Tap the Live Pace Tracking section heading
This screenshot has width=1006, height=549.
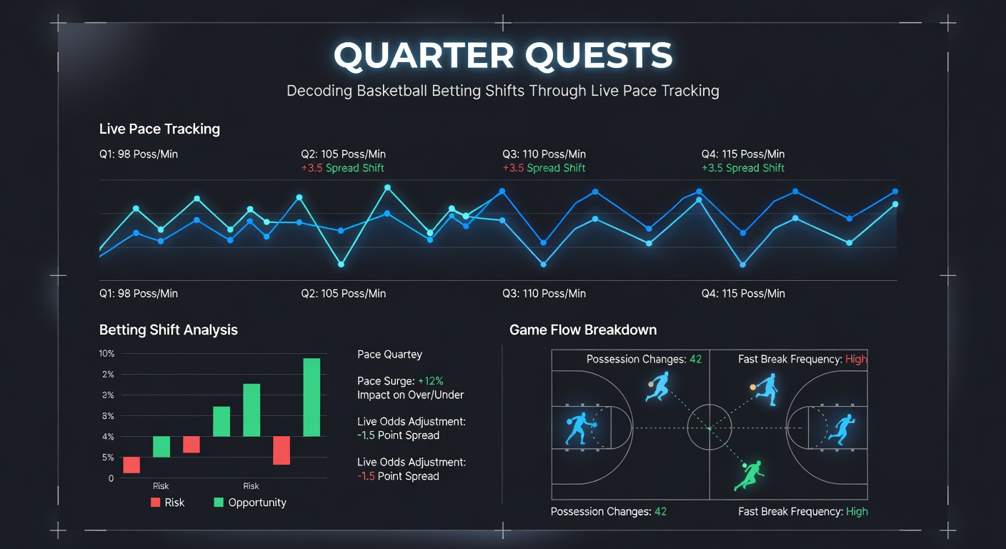click(159, 129)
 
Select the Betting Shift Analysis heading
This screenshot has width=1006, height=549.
click(169, 330)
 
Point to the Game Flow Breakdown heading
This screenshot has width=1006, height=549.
click(583, 330)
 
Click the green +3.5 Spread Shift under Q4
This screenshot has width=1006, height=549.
click(743, 168)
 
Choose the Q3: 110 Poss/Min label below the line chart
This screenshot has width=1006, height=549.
click(544, 294)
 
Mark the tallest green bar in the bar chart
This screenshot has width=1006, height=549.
click(312, 397)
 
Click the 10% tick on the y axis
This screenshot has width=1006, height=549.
click(106, 354)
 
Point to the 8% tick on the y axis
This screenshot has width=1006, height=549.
click(107, 416)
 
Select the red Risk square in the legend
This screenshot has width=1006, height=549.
click(156, 503)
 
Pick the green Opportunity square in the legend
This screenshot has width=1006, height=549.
click(219, 503)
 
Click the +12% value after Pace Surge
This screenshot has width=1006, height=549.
click(430, 381)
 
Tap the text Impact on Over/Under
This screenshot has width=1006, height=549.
click(410, 395)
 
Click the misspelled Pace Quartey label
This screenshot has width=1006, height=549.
click(389, 355)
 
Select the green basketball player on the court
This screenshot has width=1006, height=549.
click(749, 475)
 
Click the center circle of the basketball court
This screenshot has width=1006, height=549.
click(709, 427)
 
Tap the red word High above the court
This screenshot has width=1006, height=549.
click(856, 360)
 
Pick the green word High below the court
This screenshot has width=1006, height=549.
click(857, 512)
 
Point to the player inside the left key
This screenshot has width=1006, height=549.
click(579, 427)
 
